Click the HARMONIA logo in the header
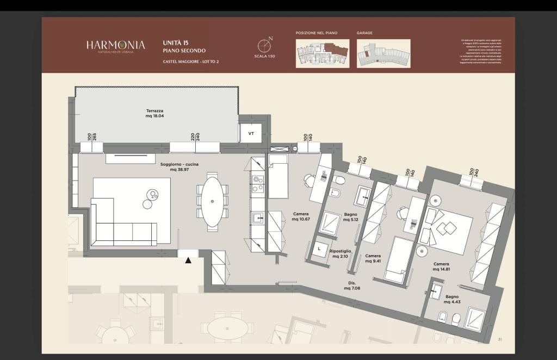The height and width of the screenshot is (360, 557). click(115, 46)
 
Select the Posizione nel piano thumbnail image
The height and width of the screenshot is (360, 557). click(323, 53)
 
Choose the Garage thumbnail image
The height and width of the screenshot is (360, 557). click(383, 53)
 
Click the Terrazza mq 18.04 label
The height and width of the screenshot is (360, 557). click(154, 113)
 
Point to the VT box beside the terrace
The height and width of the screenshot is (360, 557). click(251, 133)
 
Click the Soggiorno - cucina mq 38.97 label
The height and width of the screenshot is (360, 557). click(179, 167)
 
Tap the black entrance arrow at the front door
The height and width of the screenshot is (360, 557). click(188, 261)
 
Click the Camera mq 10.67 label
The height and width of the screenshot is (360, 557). click(301, 216)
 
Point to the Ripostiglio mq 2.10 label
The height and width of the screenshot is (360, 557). click(340, 254)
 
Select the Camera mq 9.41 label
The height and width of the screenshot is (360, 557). click(373, 258)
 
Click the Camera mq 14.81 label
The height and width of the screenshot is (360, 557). click(441, 266)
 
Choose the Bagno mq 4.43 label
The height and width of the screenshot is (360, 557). click(451, 300)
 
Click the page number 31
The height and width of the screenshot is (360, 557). click(499, 339)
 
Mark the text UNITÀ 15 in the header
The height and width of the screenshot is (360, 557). click(175, 42)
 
